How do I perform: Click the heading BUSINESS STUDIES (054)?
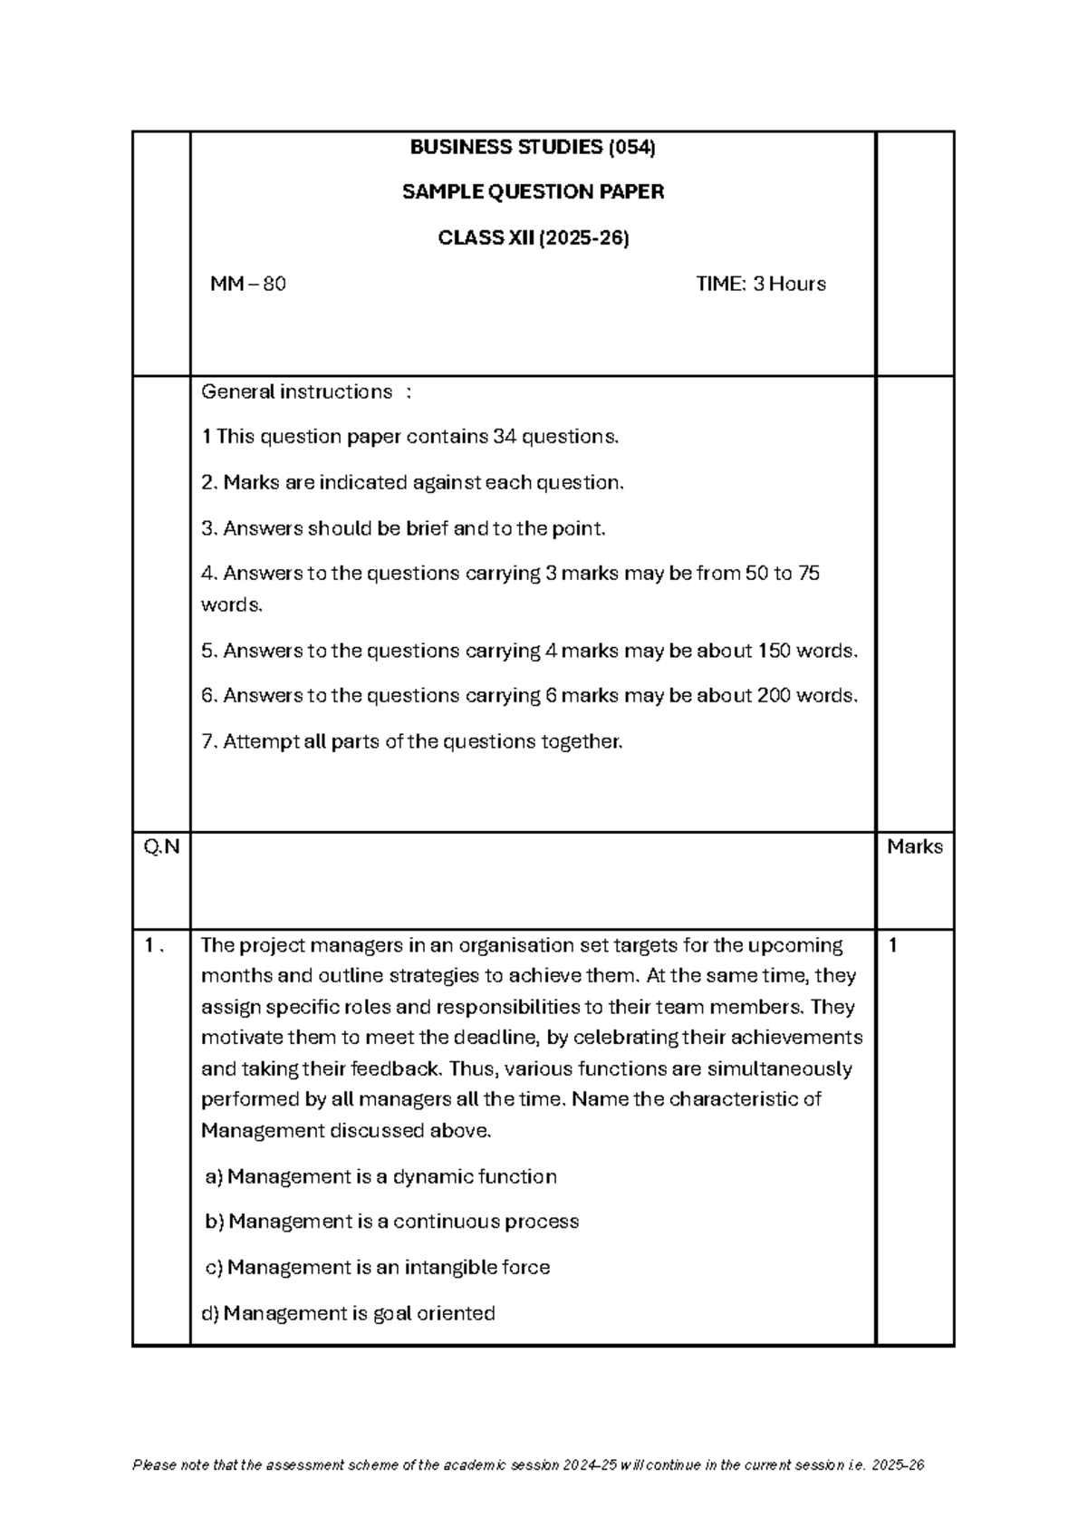click(x=533, y=147)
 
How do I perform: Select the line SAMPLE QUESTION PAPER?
click(x=533, y=192)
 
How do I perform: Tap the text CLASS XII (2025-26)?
click(x=533, y=238)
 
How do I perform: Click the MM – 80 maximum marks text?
click(x=247, y=285)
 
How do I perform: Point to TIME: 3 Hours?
click(x=760, y=285)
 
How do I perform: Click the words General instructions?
click(x=296, y=392)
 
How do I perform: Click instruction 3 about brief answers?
click(x=402, y=528)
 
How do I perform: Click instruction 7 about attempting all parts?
click(x=411, y=742)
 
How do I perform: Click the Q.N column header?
click(x=161, y=847)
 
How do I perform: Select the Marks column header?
click(x=914, y=847)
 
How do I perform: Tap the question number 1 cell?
click(x=154, y=946)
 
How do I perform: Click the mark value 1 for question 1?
click(x=893, y=946)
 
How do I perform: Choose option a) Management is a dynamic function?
click(x=380, y=1177)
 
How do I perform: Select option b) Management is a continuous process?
click(x=391, y=1222)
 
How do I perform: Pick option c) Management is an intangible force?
click(x=378, y=1267)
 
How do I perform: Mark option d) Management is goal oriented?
click(x=348, y=1313)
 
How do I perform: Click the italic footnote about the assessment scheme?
click(x=528, y=1465)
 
